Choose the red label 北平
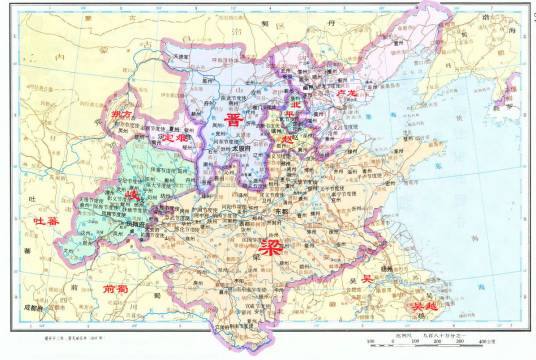298,108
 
